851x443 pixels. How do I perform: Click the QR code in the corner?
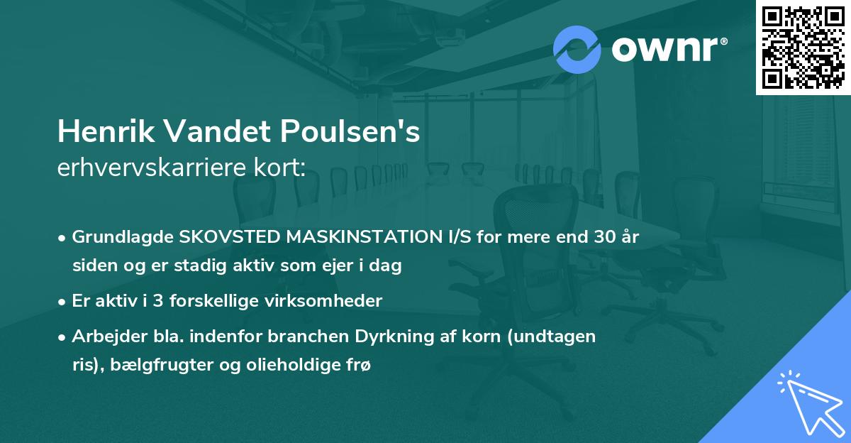803,48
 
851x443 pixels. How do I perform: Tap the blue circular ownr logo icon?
577,50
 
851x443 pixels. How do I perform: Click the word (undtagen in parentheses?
560,337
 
